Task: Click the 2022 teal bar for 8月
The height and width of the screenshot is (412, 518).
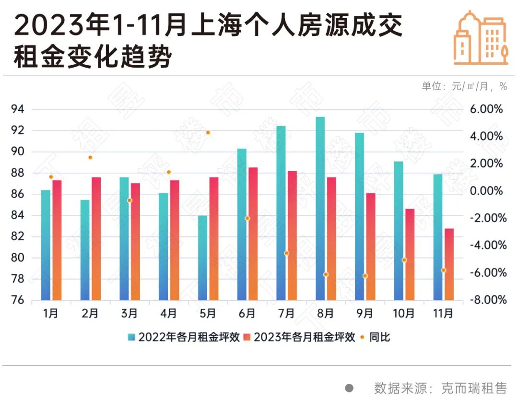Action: point(320,209)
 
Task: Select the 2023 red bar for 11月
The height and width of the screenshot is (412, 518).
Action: point(449,265)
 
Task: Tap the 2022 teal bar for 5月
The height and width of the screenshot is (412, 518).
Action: point(202,258)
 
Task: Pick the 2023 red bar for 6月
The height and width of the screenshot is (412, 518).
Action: point(253,234)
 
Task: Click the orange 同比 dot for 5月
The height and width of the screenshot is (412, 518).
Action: point(208,133)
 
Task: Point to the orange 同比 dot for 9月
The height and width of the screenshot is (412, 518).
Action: point(365,276)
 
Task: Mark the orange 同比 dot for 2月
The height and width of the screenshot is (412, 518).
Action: point(90,157)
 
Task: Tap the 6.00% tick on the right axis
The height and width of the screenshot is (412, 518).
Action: point(486,109)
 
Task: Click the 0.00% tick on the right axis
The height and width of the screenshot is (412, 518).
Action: point(486,191)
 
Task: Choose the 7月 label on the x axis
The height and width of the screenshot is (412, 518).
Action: point(286,314)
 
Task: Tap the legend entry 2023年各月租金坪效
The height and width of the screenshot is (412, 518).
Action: point(299,337)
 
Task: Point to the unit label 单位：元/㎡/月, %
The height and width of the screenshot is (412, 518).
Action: point(464,86)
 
